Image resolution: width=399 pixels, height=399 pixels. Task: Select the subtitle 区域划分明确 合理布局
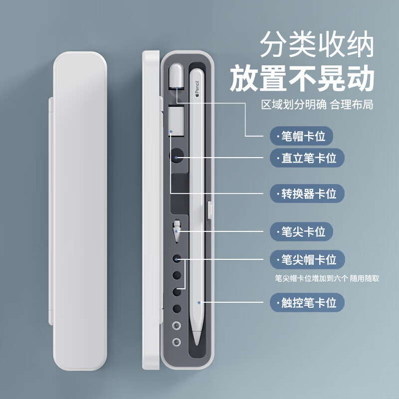coord(317,106)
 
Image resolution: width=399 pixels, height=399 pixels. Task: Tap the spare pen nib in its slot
coord(177,231)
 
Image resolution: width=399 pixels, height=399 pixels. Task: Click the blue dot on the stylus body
coord(199,302)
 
